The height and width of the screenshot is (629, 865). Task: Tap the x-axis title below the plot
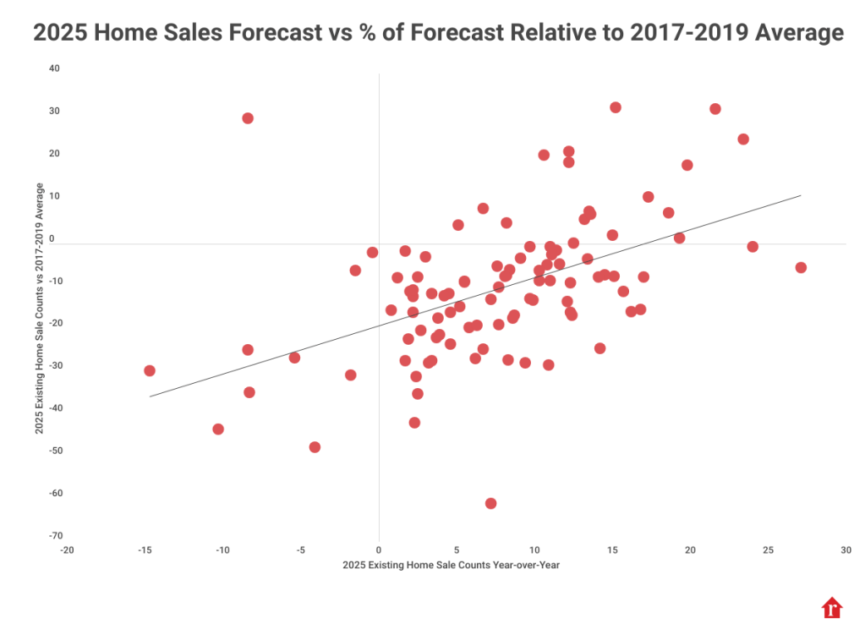coord(452,565)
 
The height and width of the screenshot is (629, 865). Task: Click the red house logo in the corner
coord(833,608)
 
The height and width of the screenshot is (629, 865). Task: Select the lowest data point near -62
coord(490,503)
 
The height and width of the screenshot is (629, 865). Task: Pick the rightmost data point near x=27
coord(801,267)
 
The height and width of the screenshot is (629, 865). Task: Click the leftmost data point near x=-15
coord(150,370)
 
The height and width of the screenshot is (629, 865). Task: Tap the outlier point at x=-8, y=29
coord(248,118)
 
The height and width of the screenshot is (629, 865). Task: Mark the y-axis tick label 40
coord(54,68)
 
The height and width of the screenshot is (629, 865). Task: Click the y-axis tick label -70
coord(54,536)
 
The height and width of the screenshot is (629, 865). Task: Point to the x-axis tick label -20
coord(67,550)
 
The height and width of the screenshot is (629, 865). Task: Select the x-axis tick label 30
coord(846,550)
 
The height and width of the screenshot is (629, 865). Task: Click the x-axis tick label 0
coord(379,550)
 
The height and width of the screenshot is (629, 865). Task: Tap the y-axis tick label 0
coord(52,238)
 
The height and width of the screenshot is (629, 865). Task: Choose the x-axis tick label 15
coord(612,550)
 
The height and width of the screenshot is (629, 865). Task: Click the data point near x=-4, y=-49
coord(315,447)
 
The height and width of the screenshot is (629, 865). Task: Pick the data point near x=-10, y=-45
coord(218,429)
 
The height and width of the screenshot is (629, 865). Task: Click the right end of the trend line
coord(800,195)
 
